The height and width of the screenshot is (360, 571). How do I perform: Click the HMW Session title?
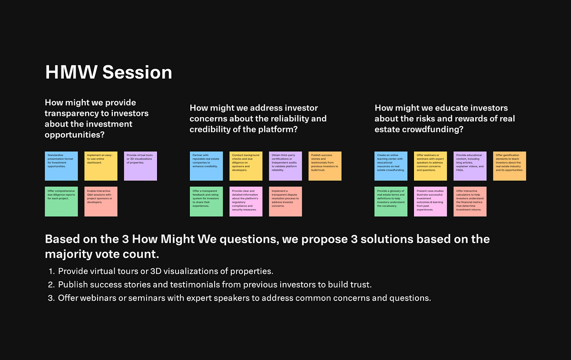[x=108, y=72]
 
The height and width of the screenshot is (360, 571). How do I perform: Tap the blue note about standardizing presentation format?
[x=61, y=166]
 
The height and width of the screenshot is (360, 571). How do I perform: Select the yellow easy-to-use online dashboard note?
[x=101, y=166]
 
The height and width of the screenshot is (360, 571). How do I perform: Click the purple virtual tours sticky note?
[x=140, y=166]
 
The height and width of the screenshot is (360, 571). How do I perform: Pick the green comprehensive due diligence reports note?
[x=61, y=201]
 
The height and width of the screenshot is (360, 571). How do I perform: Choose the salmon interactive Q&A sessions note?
[x=101, y=201]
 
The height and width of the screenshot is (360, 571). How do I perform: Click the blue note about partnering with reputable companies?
[x=206, y=166]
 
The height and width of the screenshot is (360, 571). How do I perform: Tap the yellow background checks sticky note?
[x=246, y=166]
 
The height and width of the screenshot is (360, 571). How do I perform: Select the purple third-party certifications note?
[x=285, y=166]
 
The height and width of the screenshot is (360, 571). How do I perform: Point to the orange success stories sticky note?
[x=325, y=166]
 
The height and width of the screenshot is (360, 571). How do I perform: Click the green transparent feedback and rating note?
[x=206, y=201]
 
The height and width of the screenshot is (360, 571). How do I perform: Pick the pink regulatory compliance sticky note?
[x=246, y=201]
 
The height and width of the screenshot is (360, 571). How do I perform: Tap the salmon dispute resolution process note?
[x=285, y=201]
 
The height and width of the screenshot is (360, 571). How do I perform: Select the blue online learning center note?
[x=391, y=166]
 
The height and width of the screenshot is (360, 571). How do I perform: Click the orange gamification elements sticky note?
[x=509, y=166]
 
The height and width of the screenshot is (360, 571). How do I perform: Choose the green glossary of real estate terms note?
[x=391, y=201]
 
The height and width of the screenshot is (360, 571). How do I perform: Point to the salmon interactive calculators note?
[x=470, y=201]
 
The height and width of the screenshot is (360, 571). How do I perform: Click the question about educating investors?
[x=444, y=119]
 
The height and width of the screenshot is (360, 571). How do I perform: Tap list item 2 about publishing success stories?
[x=214, y=285]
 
